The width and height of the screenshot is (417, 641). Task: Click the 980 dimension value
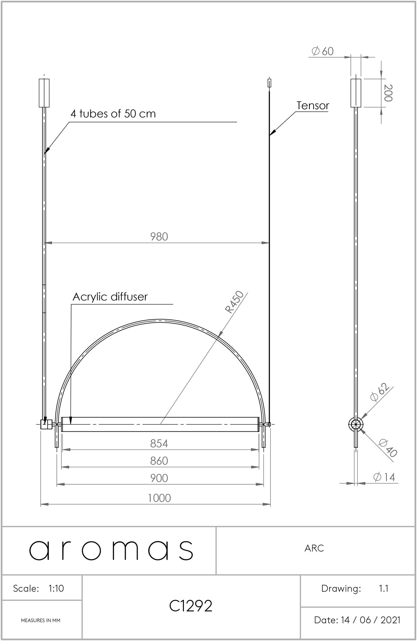(x=159, y=237)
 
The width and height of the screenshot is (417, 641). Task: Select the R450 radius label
(x=234, y=302)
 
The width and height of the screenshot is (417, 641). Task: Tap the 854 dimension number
(x=159, y=444)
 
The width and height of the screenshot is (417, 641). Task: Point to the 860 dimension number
(x=159, y=461)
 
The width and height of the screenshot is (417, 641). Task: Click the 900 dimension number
(x=159, y=478)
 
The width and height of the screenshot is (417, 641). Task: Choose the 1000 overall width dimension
(x=159, y=498)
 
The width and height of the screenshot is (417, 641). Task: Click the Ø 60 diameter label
(x=323, y=51)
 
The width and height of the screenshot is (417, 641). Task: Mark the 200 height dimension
(x=388, y=93)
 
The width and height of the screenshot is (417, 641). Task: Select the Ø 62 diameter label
(x=380, y=392)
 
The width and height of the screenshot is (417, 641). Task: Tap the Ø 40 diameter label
(x=387, y=448)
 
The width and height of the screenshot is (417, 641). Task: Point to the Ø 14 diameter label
(x=384, y=477)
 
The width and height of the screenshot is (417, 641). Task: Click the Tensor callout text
(x=313, y=106)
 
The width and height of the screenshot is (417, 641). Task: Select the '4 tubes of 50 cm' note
(x=113, y=114)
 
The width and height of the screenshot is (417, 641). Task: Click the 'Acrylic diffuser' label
(x=110, y=297)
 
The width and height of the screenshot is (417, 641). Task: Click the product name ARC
(x=314, y=548)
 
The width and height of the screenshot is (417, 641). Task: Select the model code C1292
(x=191, y=606)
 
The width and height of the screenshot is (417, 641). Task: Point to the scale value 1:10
(x=56, y=588)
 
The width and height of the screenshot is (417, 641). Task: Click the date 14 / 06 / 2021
(x=371, y=620)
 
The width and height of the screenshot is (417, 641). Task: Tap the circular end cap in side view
(x=356, y=424)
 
